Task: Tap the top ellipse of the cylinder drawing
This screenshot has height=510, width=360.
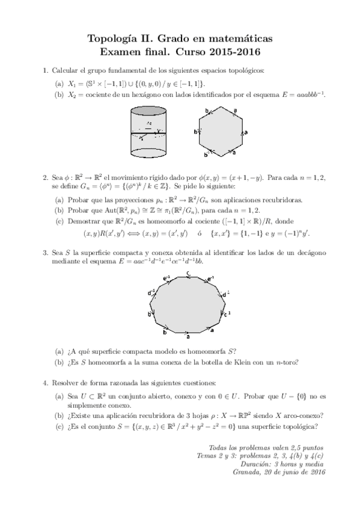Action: point(148,111)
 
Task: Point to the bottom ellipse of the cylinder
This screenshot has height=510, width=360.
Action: point(148,155)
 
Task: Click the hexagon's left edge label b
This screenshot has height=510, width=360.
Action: point(195,132)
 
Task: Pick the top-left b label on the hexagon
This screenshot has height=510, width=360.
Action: point(206,111)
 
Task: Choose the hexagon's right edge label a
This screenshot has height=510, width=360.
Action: point(246,132)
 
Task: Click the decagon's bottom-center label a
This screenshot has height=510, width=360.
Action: point(188,337)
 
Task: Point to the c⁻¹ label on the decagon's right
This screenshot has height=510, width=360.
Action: point(226,314)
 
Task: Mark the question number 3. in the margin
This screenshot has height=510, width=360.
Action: point(45,253)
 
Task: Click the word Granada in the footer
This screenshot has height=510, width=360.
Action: point(248,473)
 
